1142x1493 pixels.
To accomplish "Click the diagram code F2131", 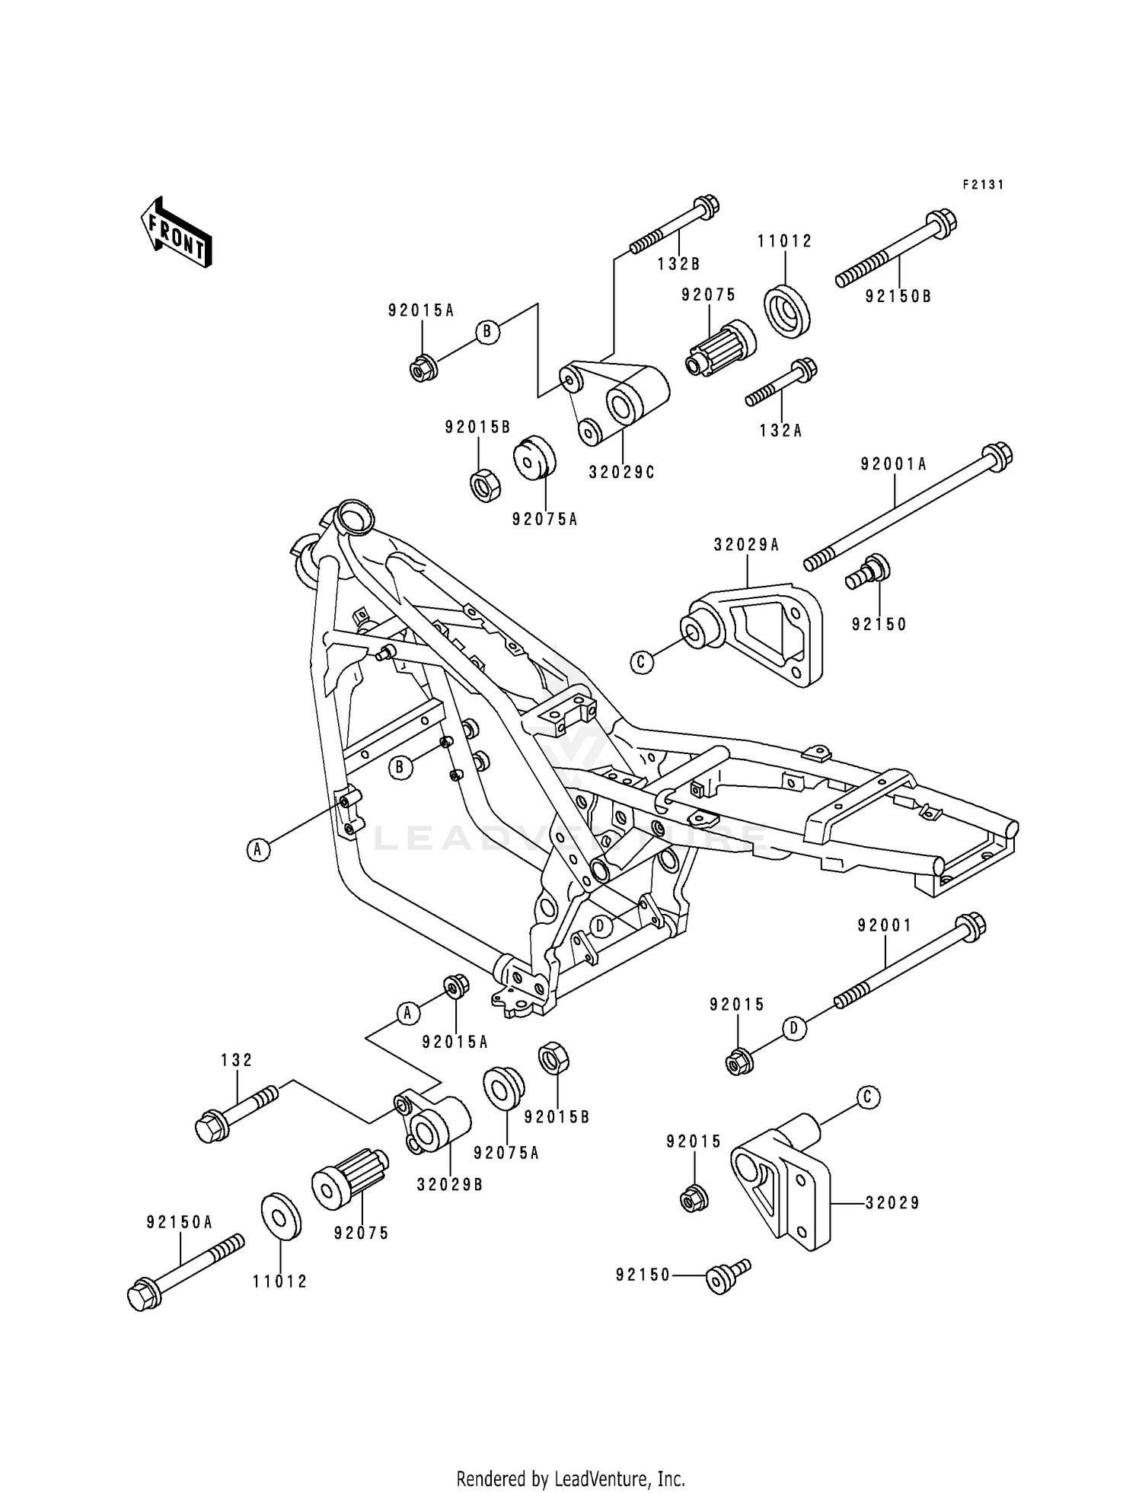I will coord(982,185).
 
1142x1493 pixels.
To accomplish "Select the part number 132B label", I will coord(678,264).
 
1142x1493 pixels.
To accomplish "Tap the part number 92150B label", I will coord(898,297).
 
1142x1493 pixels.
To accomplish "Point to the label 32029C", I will coord(621,473).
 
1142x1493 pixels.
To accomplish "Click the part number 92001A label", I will coord(893,464).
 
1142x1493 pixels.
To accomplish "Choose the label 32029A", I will coord(746,545).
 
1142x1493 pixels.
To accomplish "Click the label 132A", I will coord(780,431).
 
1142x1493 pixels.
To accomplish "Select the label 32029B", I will coord(449,1185).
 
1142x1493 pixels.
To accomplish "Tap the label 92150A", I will coord(180,1222).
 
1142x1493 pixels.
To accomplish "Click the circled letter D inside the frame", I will coord(600,926).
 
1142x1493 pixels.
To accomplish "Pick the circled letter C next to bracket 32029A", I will coord(641,662).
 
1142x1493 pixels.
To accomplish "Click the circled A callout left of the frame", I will coord(258,849).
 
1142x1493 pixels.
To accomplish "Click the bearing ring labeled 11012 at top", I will coord(786,310).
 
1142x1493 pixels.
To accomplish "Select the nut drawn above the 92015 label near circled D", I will coord(738,1061).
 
